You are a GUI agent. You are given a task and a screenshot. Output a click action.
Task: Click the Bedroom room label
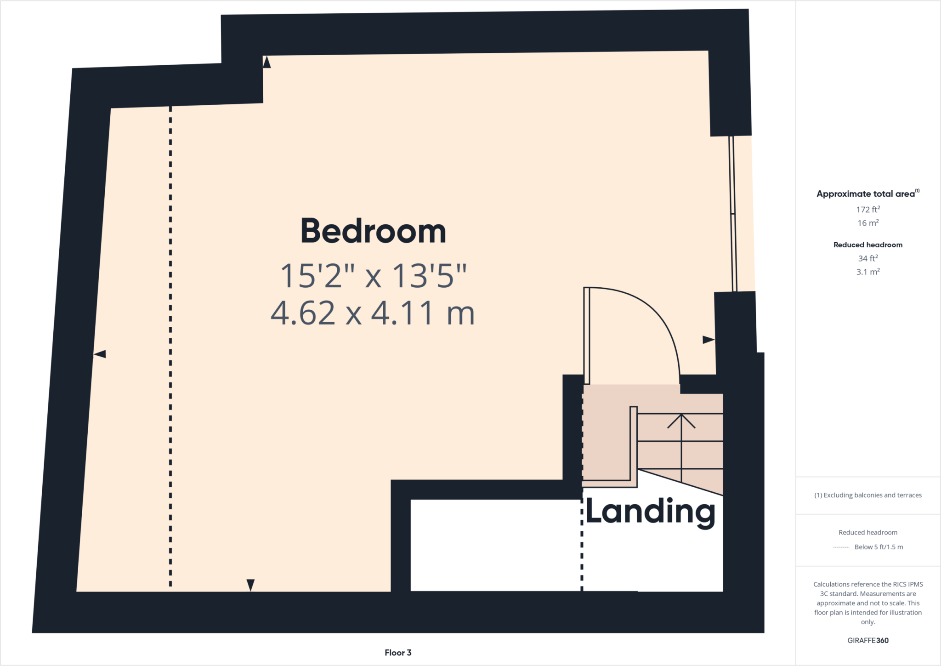click(373, 231)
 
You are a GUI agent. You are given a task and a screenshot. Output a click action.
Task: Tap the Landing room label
click(650, 512)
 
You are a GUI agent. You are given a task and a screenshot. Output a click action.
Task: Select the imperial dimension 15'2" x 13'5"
click(373, 276)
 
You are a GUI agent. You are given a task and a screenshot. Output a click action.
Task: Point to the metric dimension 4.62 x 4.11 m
click(372, 313)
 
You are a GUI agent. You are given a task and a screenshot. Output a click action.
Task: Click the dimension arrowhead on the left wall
click(100, 354)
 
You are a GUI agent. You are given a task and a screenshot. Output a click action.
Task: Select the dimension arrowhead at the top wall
click(266, 62)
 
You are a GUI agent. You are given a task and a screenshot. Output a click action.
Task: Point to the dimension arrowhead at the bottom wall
click(250, 585)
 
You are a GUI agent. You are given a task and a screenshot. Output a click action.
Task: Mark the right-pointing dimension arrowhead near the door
click(708, 340)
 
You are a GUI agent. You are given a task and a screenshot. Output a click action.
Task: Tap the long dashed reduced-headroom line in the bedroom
click(170, 345)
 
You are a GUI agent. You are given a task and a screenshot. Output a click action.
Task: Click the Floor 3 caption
click(398, 653)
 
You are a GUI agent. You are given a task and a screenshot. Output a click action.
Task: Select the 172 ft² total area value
click(867, 210)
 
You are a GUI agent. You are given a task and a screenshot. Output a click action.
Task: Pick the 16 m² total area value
click(867, 223)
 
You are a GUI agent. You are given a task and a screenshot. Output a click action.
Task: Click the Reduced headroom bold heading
click(867, 245)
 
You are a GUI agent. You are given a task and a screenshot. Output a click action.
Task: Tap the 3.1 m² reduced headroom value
click(867, 272)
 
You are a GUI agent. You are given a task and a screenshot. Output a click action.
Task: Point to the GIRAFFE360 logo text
click(867, 640)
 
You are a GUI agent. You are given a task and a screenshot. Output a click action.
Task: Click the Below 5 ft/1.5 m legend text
click(878, 547)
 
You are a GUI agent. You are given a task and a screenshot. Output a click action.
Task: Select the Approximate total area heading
click(866, 194)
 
